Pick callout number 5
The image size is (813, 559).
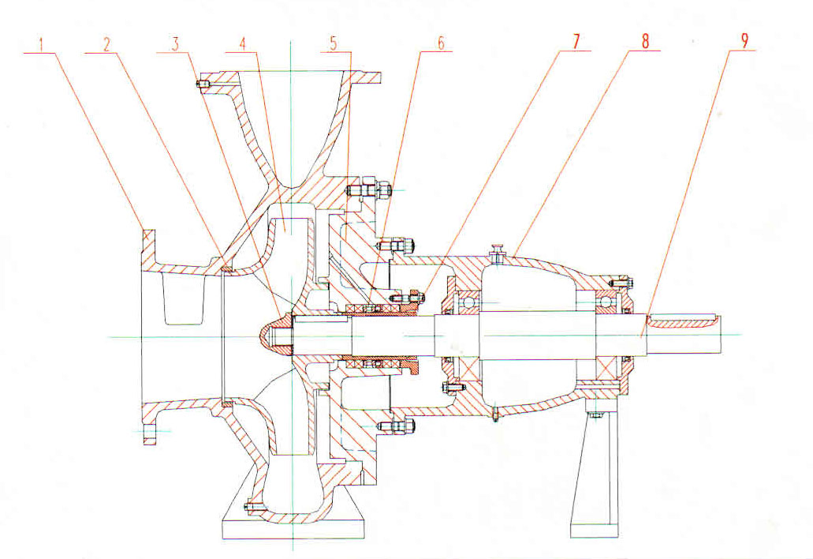click(x=334, y=43)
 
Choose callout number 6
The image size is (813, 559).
click(x=441, y=43)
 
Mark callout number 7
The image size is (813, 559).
click(x=576, y=43)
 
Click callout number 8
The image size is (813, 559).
click(x=645, y=43)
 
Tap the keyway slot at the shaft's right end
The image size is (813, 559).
click(x=684, y=321)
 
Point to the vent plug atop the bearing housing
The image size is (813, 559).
click(x=498, y=253)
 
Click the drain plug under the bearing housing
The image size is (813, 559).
click(x=497, y=413)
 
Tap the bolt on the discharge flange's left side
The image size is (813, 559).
click(x=203, y=84)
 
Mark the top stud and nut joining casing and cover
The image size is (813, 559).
click(x=369, y=191)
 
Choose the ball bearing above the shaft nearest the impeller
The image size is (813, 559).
click(x=469, y=301)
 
